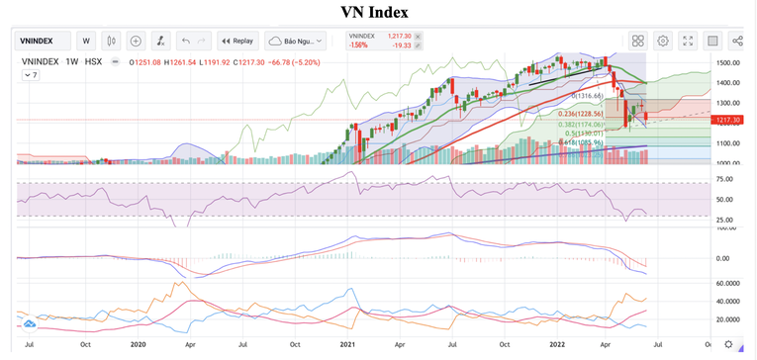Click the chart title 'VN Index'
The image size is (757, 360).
point(373,12)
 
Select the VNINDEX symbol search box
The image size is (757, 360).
point(46,41)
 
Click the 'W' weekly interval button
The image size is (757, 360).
point(86,41)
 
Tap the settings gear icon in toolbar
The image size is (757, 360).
point(662,41)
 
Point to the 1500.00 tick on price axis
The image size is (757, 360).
point(728,62)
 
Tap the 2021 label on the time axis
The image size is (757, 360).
point(346,344)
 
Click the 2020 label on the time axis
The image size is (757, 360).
point(138,344)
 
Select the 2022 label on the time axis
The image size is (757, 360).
point(556,344)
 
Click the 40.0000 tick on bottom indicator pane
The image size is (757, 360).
point(729,301)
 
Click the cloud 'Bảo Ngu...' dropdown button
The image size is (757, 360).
point(297,41)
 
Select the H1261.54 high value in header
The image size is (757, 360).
point(179,61)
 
